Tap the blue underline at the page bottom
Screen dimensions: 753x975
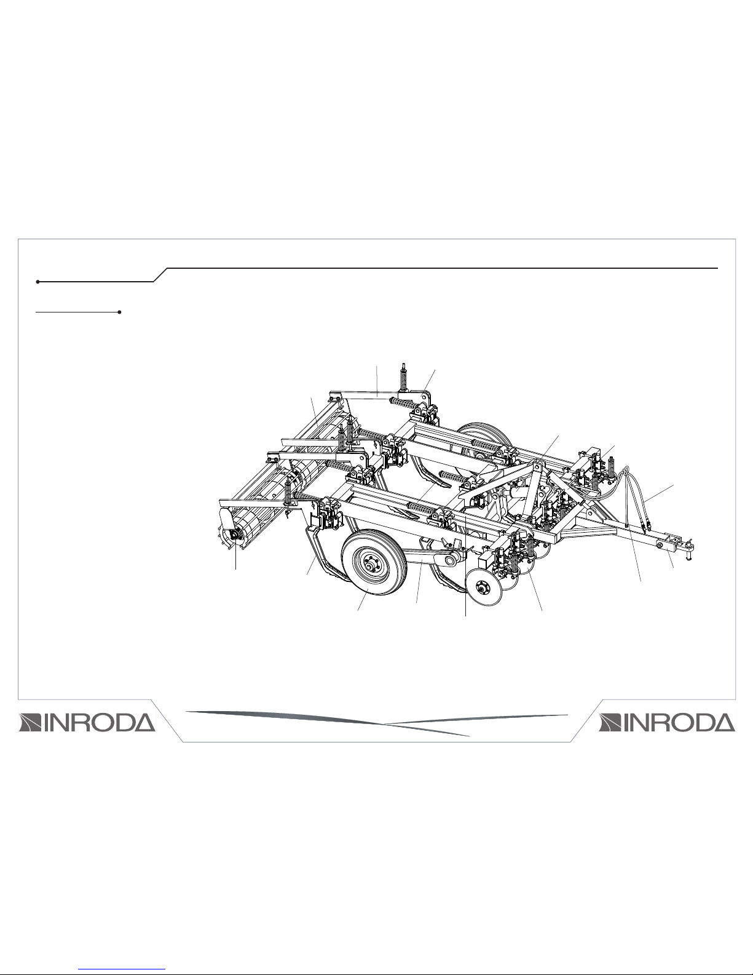click(125, 969)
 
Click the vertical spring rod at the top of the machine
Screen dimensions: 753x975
click(403, 376)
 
